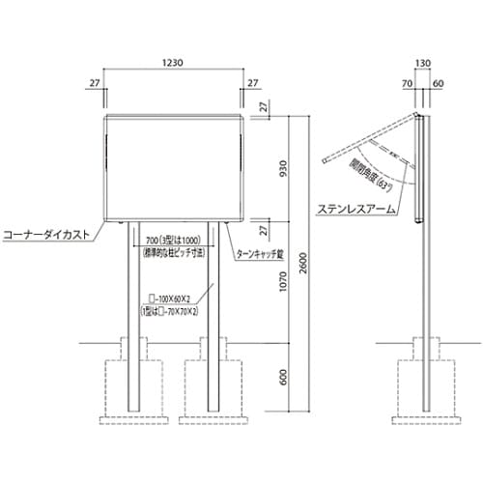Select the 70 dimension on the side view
tap(409, 84)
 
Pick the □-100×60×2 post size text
tap(174, 300)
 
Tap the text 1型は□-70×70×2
tap(174, 314)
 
